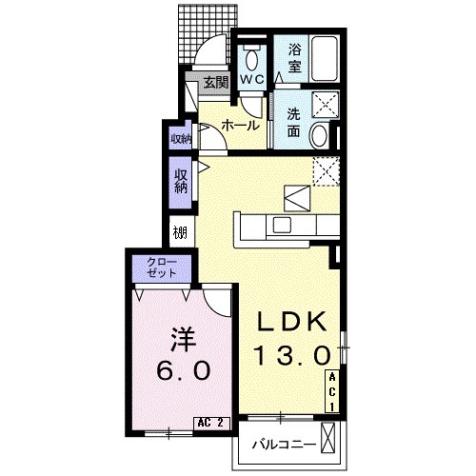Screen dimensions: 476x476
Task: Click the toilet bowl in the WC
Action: click(251, 60)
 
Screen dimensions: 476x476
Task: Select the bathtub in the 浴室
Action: click(324, 58)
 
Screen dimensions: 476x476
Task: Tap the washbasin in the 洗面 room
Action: click(319, 136)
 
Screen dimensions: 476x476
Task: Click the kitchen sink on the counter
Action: click(282, 226)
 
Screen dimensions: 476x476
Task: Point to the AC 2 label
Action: click(211, 423)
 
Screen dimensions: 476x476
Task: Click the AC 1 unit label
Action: click(332, 392)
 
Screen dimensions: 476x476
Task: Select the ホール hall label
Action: click(240, 126)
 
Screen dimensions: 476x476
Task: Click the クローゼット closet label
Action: click(162, 268)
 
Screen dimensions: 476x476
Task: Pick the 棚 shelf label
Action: click(180, 233)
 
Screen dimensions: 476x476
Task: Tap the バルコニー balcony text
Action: click(285, 445)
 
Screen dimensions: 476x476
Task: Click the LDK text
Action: click(292, 321)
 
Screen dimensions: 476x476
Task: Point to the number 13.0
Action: click(291, 355)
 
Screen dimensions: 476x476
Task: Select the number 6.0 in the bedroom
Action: click(184, 370)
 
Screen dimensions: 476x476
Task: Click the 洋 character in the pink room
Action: click(183, 340)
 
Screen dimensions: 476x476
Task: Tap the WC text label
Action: click(251, 79)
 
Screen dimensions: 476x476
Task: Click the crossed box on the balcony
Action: click(327, 437)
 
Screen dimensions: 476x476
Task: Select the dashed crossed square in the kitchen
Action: click(327, 171)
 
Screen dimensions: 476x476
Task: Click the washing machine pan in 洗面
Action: click(326, 105)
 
